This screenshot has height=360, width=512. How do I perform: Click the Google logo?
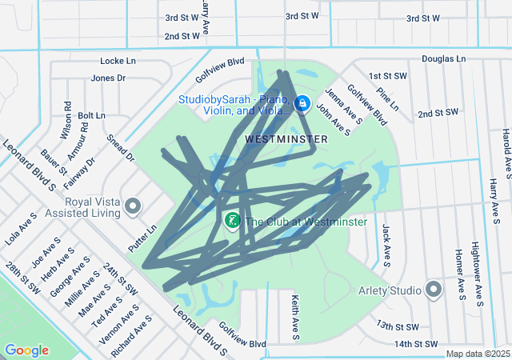pos(27,350)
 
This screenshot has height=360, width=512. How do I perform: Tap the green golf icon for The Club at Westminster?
pos(232,220)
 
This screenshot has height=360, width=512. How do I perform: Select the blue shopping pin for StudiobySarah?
pos(302,104)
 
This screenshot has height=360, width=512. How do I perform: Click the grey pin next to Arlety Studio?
pos(434,289)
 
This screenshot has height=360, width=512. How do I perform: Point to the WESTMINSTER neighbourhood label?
pos(286,138)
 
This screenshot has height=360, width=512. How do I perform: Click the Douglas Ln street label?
pos(443,59)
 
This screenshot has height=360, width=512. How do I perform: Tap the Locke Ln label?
pos(118,61)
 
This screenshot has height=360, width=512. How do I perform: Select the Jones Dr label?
pos(108,78)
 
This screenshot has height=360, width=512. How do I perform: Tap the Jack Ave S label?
pos(386,244)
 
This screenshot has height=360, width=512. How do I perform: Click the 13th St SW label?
pos(398,326)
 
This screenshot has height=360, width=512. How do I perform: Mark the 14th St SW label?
pos(417,344)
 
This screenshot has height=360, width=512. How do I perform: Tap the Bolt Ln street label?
pos(91,116)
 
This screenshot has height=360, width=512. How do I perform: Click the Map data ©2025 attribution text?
pos(478,354)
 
